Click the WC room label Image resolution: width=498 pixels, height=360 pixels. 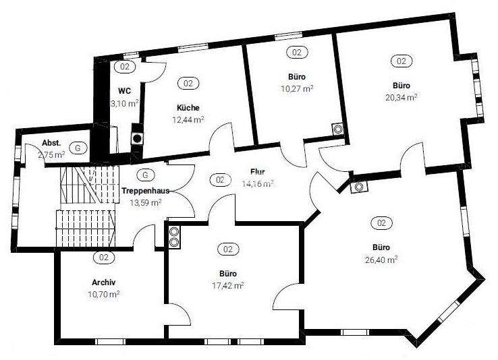coord(123,91)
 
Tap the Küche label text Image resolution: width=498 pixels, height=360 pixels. coord(188,108)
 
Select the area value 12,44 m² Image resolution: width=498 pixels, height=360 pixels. coord(188,119)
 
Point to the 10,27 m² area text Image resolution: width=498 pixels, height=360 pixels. coord(297,88)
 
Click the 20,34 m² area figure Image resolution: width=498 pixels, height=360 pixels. coord(402,97)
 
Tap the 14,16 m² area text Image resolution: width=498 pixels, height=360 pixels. coord(258,183)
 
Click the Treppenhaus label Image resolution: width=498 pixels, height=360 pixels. coord(145,191)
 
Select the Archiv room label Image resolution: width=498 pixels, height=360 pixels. coord(104,282)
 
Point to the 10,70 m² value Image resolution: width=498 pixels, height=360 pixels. coord(104,295)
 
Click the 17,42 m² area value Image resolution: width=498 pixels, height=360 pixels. coord(228,286)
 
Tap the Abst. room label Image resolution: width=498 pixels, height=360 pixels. coord(51,143)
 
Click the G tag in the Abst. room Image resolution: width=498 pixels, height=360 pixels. coord(78,146)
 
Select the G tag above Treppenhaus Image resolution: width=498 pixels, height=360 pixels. coord(144,175)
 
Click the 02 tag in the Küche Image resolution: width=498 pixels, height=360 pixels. coord(188,84)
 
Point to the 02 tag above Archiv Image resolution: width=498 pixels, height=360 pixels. coord(104,258)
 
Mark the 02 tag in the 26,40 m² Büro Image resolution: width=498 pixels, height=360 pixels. coord(381,222)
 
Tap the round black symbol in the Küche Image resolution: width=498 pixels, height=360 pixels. coord(137,138)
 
